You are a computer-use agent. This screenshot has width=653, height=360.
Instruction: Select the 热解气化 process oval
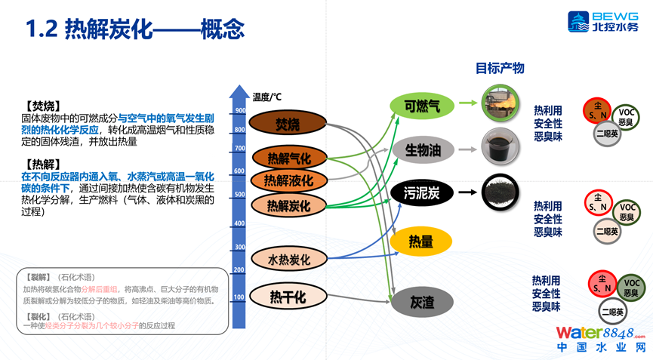pos(289,158)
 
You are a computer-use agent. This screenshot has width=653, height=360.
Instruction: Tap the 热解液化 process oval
pos(289,181)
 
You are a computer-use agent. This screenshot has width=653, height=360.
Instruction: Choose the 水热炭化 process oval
pos(289,260)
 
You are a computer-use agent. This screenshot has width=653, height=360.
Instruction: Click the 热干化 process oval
pos(288,297)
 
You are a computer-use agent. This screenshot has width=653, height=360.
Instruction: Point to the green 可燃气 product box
pos(421,106)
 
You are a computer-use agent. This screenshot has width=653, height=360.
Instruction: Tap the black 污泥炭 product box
pos(421,193)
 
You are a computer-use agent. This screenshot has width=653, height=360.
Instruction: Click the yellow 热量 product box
pos(421,241)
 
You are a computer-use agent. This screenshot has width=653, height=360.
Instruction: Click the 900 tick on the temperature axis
pos(240,111)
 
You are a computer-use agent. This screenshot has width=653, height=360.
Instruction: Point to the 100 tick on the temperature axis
pos(239,297)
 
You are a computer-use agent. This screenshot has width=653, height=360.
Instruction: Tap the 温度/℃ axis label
pos(267,96)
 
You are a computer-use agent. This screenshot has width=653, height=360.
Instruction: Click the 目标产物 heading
pos(499,68)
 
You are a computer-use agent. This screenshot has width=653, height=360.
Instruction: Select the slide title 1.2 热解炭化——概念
pos(135,30)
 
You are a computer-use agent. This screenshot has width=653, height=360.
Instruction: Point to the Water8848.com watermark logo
pos(601,340)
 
